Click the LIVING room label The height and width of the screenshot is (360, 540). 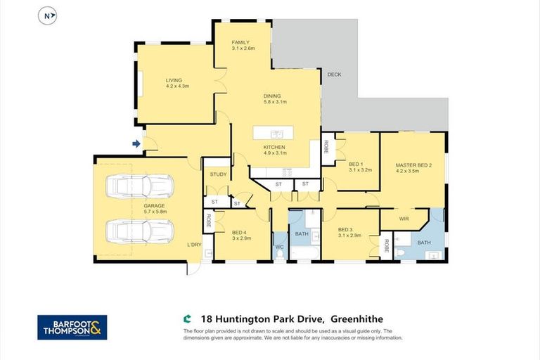coord(174,80)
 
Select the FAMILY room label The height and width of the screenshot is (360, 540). coord(240,43)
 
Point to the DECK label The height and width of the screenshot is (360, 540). coord(334,74)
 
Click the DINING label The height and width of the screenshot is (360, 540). coord(272,96)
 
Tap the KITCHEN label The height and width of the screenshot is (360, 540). coord(274,147)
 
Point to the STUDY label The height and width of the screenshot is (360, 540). coord(217,174)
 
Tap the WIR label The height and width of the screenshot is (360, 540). coord(404,219)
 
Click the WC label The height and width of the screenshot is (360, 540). coord(279,247)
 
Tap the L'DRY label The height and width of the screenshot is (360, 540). coord(194,245)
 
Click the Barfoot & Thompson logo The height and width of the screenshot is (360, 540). coord(72,327)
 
